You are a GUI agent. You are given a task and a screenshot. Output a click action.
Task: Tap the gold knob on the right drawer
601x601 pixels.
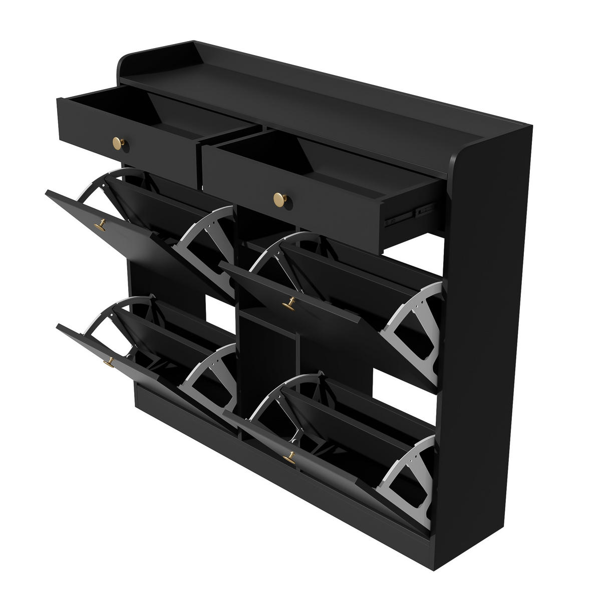click(x=278, y=199)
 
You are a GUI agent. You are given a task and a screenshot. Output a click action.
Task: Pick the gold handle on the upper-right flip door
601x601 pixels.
click(x=288, y=302)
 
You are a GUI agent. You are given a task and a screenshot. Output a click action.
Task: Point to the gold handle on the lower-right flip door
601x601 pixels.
click(x=289, y=457)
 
